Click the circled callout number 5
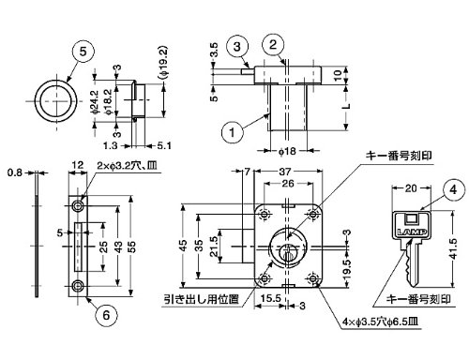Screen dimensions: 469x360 pyautogui.click(x=83, y=52)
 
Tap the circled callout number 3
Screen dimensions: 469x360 pyautogui.click(x=237, y=47)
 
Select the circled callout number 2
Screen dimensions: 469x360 pyautogui.click(x=273, y=44)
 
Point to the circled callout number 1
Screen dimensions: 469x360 pyautogui.click(x=232, y=132)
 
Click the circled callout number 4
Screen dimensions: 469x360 pyautogui.click(x=453, y=189)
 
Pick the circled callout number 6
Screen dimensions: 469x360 pyautogui.click(x=106, y=315)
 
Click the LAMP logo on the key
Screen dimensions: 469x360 pyautogui.click(x=412, y=232)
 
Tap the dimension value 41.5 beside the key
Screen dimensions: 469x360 pyautogui.click(x=453, y=248)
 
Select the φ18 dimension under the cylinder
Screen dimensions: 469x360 pyautogui.click(x=287, y=151)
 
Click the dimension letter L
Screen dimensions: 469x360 pyautogui.click(x=346, y=106)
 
